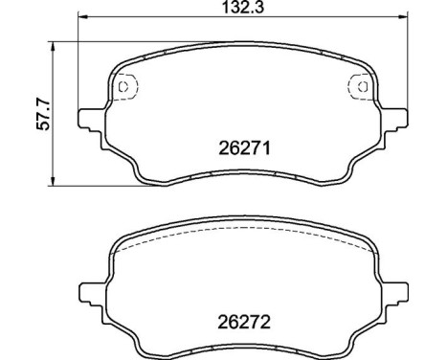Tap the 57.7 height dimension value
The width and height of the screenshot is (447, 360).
(39, 113)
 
